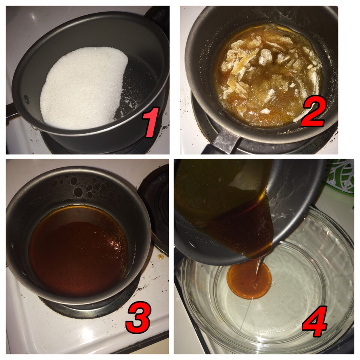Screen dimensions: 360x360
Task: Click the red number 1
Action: click(x=150, y=122)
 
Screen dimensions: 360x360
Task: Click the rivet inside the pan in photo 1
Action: click(x=27, y=99)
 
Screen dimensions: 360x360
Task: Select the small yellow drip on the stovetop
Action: click(x=160, y=256)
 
